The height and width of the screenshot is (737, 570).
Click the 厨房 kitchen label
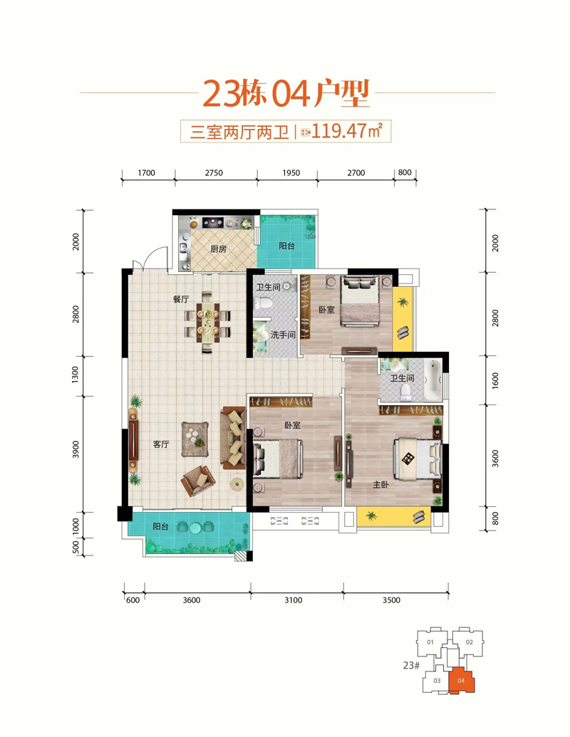pos(218,249)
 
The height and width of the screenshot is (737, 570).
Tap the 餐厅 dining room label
pos(181,299)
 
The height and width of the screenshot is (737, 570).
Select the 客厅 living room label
pos(161,444)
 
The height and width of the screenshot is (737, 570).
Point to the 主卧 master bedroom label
pos(380,484)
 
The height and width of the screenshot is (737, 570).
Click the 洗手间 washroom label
pos(283,335)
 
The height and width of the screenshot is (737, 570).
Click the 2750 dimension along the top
pos(214,173)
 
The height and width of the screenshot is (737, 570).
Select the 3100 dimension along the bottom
pos(294,600)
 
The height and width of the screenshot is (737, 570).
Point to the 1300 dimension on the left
pos(76,375)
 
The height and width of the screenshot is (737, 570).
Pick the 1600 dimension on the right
pos(494,380)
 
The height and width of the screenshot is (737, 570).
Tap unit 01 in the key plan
pos(430,642)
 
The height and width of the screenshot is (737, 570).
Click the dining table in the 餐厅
pos(207,322)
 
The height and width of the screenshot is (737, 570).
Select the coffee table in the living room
pos(195,439)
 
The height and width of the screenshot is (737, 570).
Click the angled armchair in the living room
pos(199,481)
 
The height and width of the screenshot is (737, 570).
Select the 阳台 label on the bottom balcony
pos(160,526)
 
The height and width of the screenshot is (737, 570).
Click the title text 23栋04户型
pos(286,93)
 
